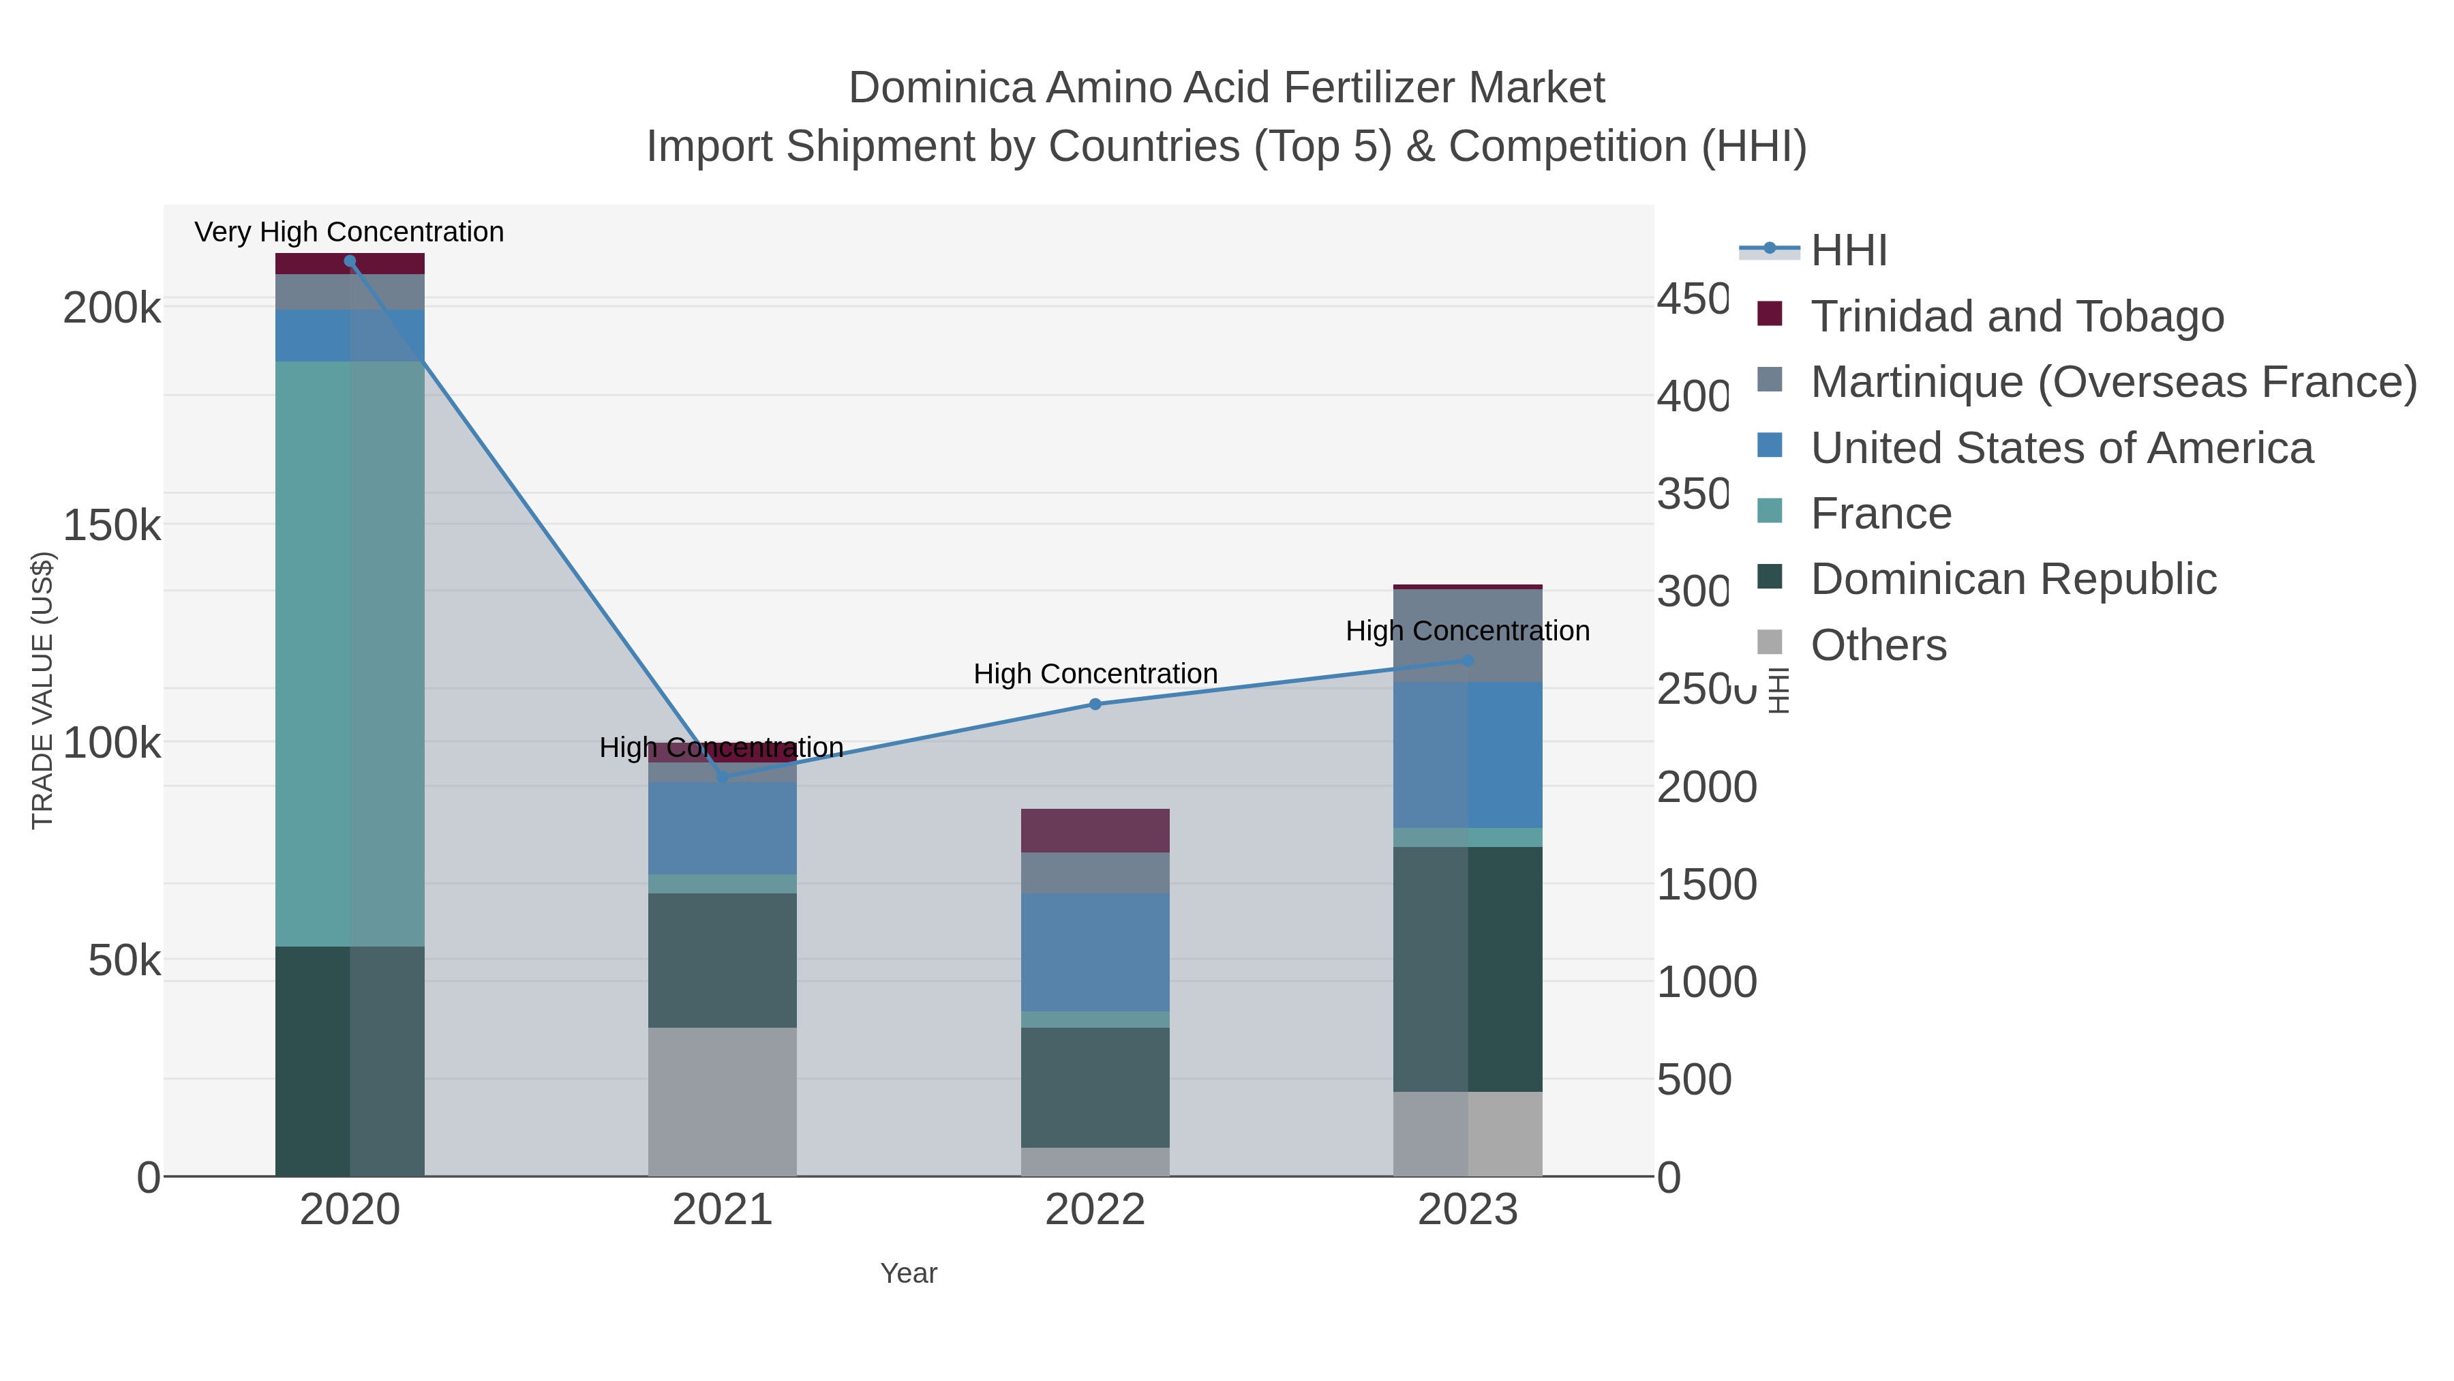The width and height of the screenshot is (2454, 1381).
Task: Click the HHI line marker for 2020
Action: [x=350, y=261]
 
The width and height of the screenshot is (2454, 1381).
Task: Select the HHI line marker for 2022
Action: [x=1095, y=704]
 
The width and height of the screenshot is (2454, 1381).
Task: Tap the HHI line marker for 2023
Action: [x=1467, y=660]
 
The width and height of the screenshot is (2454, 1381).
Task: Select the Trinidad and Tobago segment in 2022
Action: [x=1095, y=830]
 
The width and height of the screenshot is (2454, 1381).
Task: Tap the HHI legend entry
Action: [x=1847, y=251]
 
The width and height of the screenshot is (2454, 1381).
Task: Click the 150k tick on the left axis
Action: [x=112, y=525]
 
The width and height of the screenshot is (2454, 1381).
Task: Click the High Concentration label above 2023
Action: [x=1467, y=631]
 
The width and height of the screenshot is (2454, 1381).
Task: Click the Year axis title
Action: [x=908, y=1273]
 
